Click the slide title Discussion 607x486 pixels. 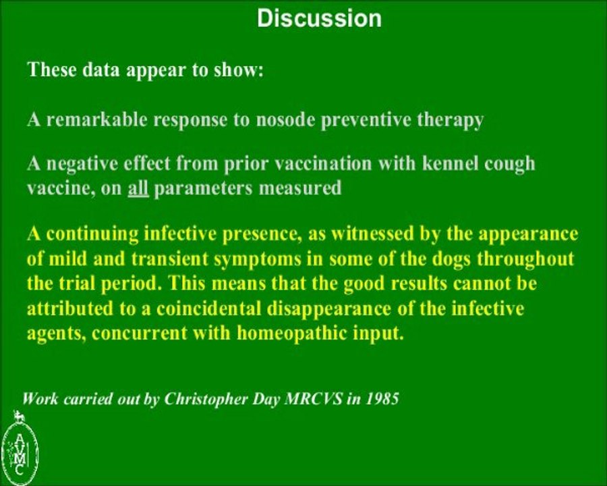pos(319,18)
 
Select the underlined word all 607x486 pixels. pos(138,189)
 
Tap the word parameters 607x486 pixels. pos(214,189)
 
